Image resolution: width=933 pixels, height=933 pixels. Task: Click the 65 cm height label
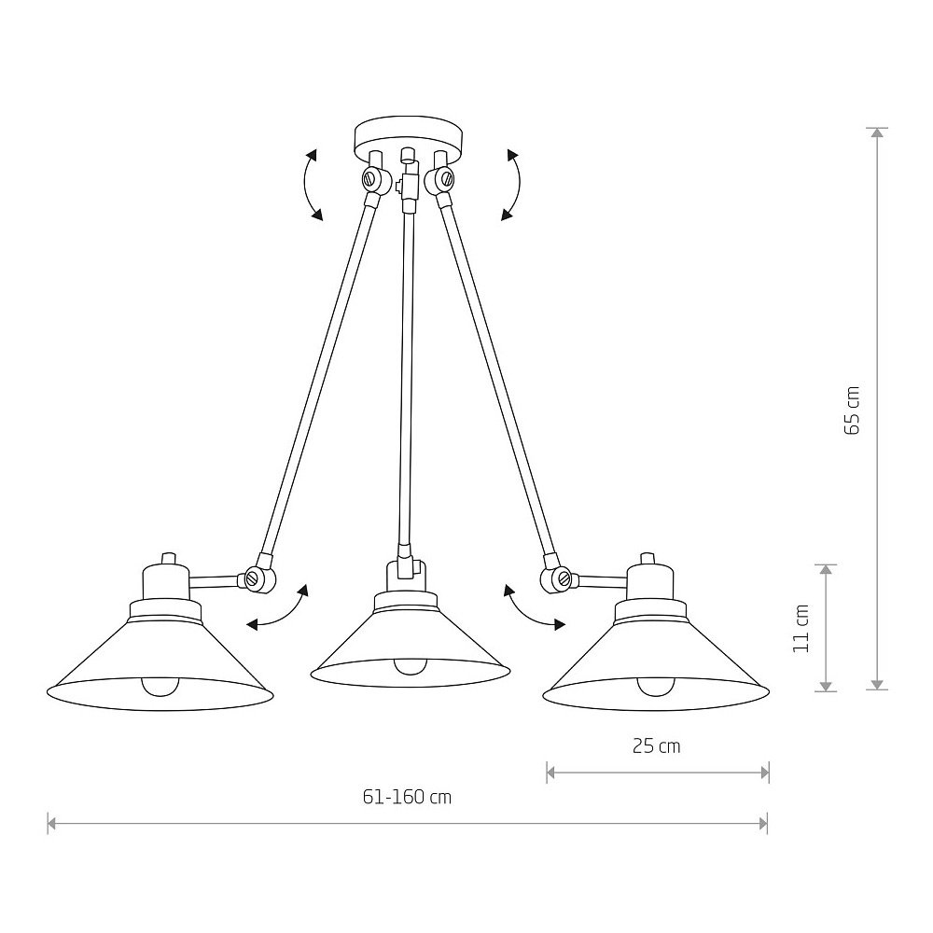click(852, 411)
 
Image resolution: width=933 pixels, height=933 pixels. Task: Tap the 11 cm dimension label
click(801, 628)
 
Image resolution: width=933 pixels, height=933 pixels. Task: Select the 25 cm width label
click(656, 746)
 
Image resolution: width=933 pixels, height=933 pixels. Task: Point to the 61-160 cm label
click(407, 797)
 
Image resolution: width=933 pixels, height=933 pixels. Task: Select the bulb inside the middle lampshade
click(410, 665)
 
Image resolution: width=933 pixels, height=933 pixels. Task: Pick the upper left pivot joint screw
click(371, 177)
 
